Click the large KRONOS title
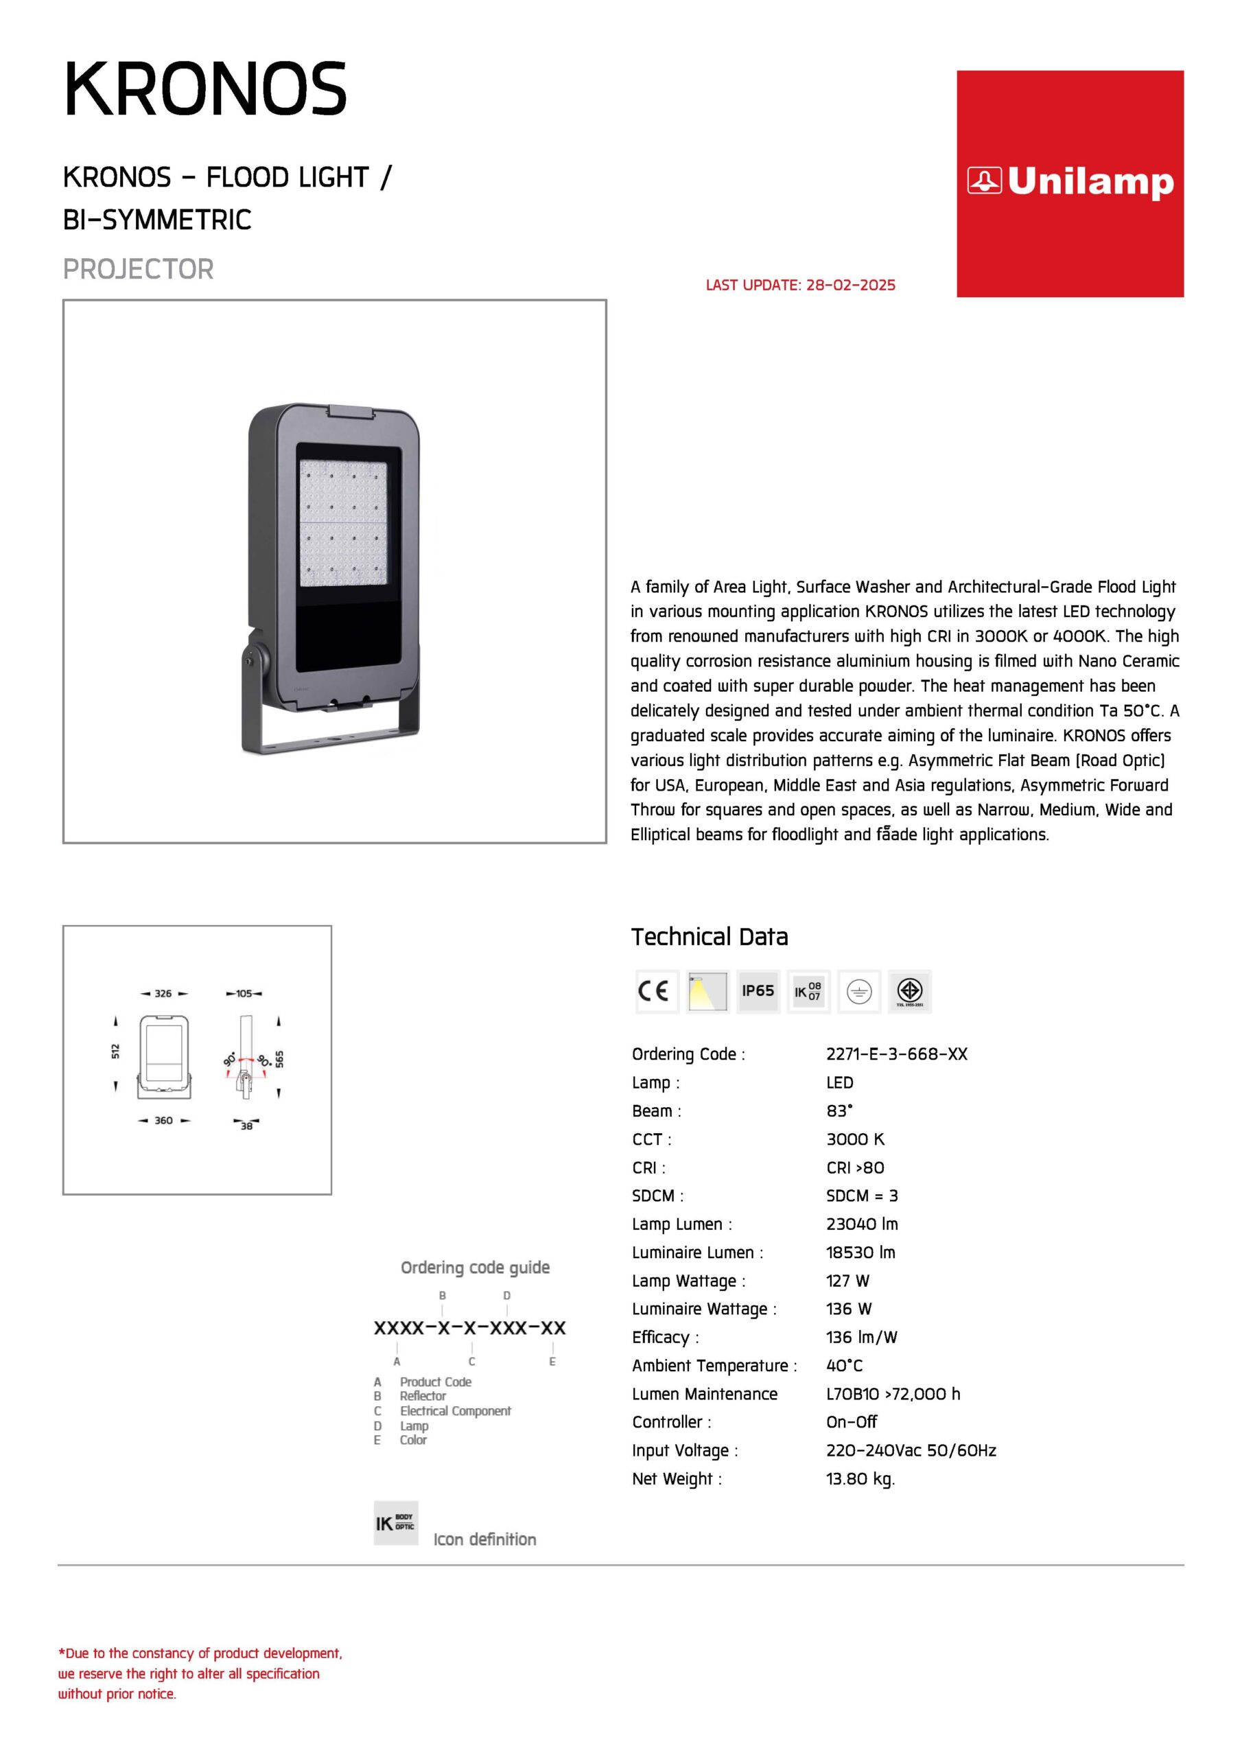click(205, 91)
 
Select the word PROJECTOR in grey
click(138, 269)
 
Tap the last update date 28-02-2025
click(850, 286)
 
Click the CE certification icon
click(657, 991)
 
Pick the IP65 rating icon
click(758, 991)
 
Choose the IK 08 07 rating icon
click(808, 991)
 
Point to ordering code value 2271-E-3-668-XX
click(896, 1054)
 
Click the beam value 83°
click(839, 1111)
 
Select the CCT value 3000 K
click(855, 1139)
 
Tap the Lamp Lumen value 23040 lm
click(862, 1224)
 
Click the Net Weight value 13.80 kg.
click(860, 1479)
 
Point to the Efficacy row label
click(665, 1338)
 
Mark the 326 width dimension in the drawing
click(163, 993)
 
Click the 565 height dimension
click(280, 1059)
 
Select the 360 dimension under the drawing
click(163, 1120)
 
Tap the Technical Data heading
click(709, 937)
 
